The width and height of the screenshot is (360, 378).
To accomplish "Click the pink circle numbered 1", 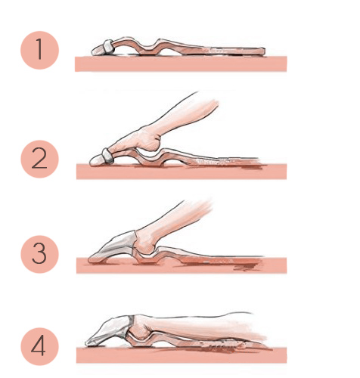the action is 39,50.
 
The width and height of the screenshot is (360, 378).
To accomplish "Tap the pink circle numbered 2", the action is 39,159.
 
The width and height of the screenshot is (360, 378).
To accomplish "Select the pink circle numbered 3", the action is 39,254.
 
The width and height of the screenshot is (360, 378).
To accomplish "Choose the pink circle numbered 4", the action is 39,346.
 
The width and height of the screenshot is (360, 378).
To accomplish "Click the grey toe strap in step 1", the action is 108,47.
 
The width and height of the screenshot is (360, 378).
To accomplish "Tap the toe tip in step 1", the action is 93,52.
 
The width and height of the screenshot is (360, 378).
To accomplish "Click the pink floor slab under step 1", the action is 181,64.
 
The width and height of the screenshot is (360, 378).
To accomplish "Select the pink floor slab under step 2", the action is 182,172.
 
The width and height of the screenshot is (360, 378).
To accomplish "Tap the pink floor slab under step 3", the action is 182,265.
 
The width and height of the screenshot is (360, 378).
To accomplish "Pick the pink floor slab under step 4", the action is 182,355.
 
